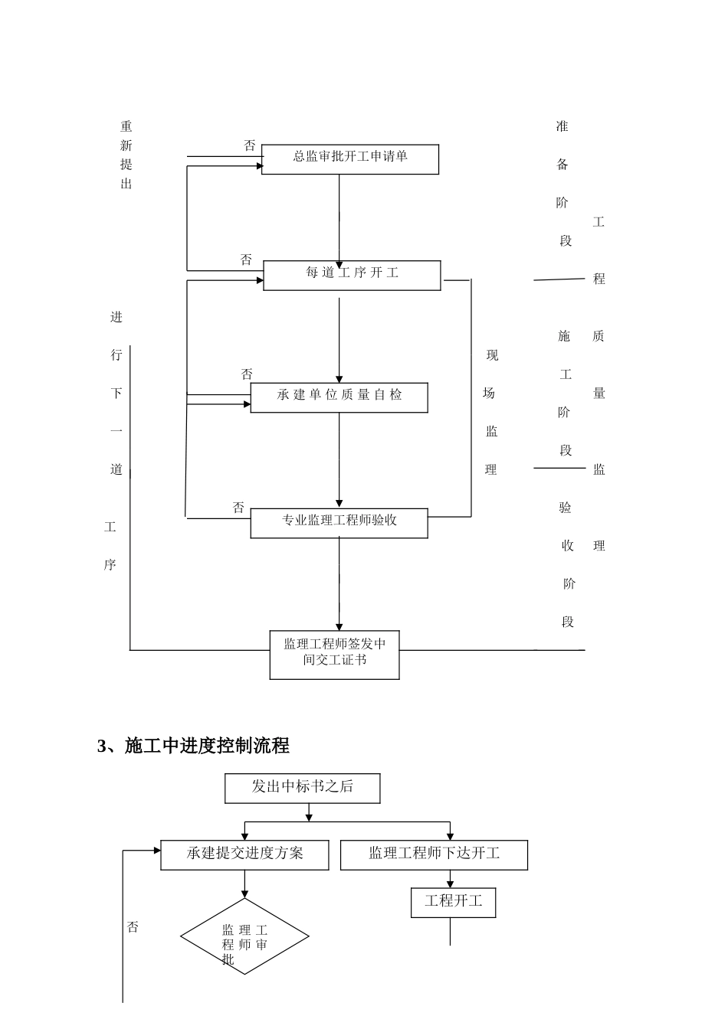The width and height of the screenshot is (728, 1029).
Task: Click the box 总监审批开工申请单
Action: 350,159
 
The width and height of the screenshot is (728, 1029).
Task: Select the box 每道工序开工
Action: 352,275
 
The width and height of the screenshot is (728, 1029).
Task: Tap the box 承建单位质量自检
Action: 339,397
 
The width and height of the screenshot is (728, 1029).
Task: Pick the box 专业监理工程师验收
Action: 339,523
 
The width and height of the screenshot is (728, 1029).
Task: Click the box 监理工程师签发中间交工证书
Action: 334,655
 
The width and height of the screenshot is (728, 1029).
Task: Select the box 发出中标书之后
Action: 302,788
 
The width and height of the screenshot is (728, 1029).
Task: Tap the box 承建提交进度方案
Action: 244,854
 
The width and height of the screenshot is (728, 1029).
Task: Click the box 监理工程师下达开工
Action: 434,854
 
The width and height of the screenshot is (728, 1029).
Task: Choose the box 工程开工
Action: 454,902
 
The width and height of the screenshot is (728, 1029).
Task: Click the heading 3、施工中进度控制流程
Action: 193,746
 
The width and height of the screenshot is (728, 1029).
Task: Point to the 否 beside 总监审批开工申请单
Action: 249,145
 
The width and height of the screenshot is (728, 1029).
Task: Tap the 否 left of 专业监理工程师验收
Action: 238,508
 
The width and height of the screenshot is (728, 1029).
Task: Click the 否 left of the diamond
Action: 133,927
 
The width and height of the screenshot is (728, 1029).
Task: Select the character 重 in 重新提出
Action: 126,126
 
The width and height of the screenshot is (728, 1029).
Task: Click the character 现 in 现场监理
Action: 492,356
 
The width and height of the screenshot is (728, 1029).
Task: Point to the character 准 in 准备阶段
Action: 562,126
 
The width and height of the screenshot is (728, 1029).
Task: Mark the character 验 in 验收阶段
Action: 565,508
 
